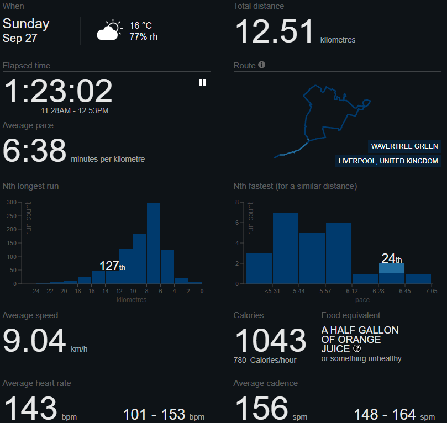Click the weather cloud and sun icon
109,30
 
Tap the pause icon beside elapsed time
202,82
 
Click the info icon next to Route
262,65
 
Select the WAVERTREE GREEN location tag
404,146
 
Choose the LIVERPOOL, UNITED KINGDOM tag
388,161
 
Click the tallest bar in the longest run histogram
154,244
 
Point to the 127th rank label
112,266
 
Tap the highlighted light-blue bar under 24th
392,268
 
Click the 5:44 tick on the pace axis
299,291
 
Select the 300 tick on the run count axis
12,202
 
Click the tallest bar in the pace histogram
286,248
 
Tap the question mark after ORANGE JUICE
357,348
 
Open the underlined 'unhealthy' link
385,358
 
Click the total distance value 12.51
275,31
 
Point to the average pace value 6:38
34,150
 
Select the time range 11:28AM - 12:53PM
75,110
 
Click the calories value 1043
271,340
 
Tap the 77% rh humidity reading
144,37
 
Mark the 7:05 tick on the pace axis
432,291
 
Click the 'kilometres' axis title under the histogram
132,300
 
